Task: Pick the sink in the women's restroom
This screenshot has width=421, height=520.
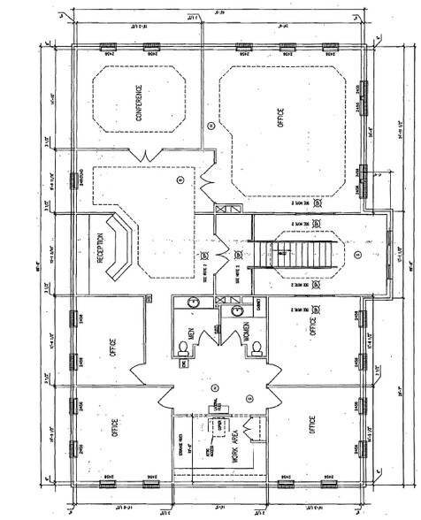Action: coord(237,310)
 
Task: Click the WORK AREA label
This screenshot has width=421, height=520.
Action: coord(236,447)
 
